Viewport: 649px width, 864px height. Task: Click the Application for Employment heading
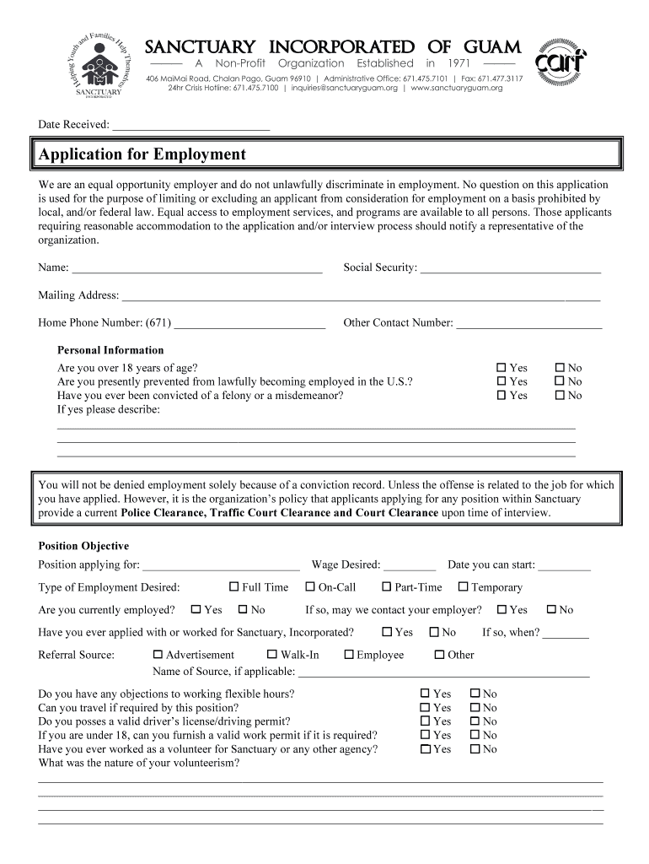pos(142,154)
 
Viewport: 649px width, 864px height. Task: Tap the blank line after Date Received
pos(190,125)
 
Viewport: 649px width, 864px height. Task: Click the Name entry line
pos(197,268)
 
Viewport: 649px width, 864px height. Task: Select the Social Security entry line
pos(510,268)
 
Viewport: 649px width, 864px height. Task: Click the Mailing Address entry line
pos(361,295)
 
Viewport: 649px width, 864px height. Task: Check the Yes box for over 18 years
pos(501,368)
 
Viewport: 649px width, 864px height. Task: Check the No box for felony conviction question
pos(559,395)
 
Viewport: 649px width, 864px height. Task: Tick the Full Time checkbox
pos(234,587)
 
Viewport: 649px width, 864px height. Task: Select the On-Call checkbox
pos(310,587)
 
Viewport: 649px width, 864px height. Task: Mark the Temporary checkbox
pos(463,587)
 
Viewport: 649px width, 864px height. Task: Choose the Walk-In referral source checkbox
pos(272,655)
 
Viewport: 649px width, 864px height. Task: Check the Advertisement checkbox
pos(158,655)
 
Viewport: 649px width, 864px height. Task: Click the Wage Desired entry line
pos(410,565)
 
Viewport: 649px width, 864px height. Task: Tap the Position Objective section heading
pos(83,546)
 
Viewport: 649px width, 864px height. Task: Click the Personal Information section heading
pos(110,350)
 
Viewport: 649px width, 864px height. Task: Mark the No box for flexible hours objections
pos(474,694)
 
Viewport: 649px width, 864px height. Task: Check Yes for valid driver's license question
pos(426,721)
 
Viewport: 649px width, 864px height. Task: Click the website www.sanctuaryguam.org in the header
pos(456,88)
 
